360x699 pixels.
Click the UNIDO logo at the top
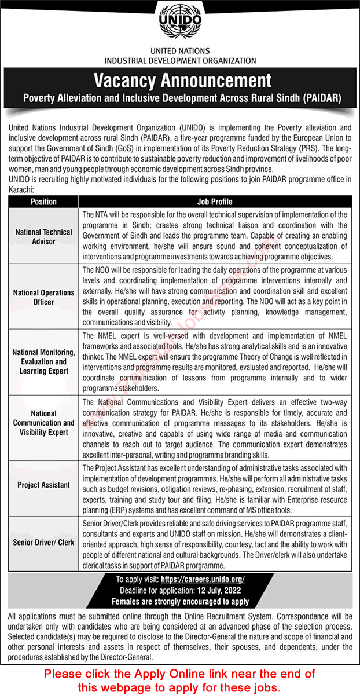(179, 24)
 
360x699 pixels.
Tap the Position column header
(44, 202)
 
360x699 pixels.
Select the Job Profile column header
(215, 202)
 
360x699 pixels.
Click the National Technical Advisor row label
(44, 236)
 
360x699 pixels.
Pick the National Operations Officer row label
(44, 297)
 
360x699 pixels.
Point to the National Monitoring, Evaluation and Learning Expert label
(44, 361)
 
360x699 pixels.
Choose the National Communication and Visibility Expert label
(44, 423)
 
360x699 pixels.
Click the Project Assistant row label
(44, 485)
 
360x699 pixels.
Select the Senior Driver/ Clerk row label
(44, 543)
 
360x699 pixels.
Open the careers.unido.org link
(203, 579)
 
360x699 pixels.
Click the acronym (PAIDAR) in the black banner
(322, 98)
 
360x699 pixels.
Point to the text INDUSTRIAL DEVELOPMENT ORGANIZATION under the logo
(180, 60)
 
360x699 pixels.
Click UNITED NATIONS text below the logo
(180, 51)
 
